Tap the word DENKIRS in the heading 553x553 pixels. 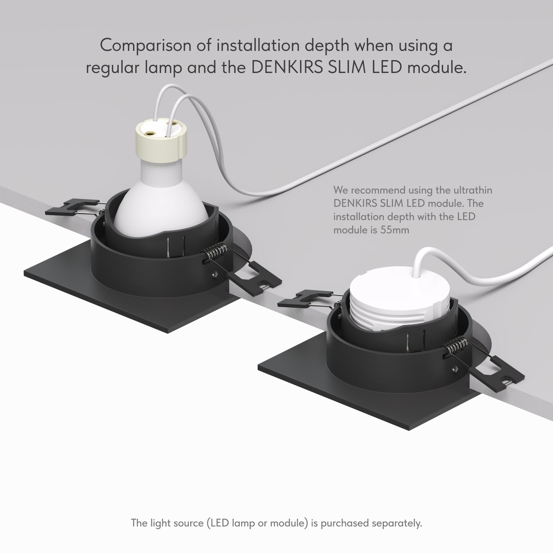click(287, 68)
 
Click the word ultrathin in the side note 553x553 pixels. click(473, 190)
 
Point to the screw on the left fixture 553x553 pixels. click(214, 274)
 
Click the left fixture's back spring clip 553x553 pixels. click(73, 207)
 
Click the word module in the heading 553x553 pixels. click(437, 68)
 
